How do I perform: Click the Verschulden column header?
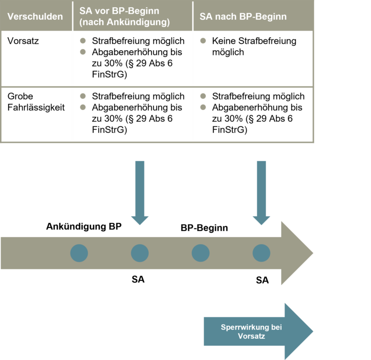35,16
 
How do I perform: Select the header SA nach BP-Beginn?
243,16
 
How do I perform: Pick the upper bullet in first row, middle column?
83,41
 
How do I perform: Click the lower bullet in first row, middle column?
83,52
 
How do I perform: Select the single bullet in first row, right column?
203,41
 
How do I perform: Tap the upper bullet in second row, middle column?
83,96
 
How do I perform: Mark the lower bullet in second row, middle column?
83,107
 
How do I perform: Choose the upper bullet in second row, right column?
203,96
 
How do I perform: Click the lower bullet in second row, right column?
203,107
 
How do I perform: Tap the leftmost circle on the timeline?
79,253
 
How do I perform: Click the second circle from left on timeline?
140,253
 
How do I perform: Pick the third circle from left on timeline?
200,253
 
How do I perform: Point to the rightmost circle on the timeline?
261,253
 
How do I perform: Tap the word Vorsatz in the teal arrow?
251,336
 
